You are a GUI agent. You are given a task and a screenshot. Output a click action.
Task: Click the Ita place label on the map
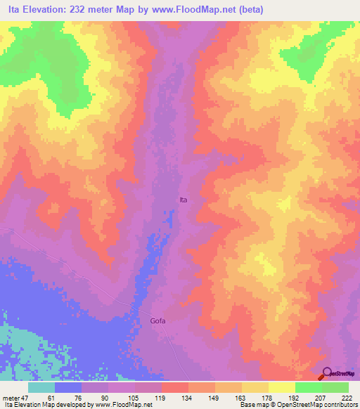(184, 200)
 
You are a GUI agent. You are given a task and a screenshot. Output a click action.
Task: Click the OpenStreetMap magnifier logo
(328, 374)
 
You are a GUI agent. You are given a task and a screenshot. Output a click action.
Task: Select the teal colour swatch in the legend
(41, 387)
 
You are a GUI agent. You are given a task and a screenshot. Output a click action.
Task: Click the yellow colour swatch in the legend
(282, 387)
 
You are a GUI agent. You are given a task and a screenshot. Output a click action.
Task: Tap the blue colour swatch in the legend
(68, 387)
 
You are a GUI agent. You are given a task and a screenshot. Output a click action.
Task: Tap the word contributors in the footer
(339, 405)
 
